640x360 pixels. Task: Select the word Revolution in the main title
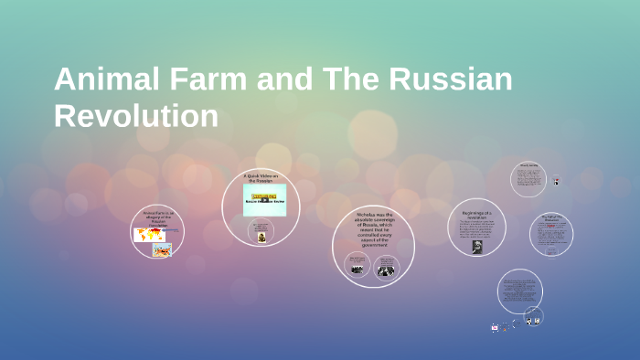click(136, 117)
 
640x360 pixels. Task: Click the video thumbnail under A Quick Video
click(264, 200)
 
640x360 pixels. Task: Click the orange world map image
click(149, 235)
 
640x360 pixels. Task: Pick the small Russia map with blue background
click(161, 250)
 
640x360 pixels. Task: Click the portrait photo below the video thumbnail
click(261, 237)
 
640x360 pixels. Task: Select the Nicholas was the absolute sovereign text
click(373, 230)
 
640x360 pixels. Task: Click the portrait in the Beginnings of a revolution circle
click(476, 247)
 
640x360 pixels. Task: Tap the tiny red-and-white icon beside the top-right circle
click(556, 180)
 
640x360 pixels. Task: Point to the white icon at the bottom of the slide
click(495, 327)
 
